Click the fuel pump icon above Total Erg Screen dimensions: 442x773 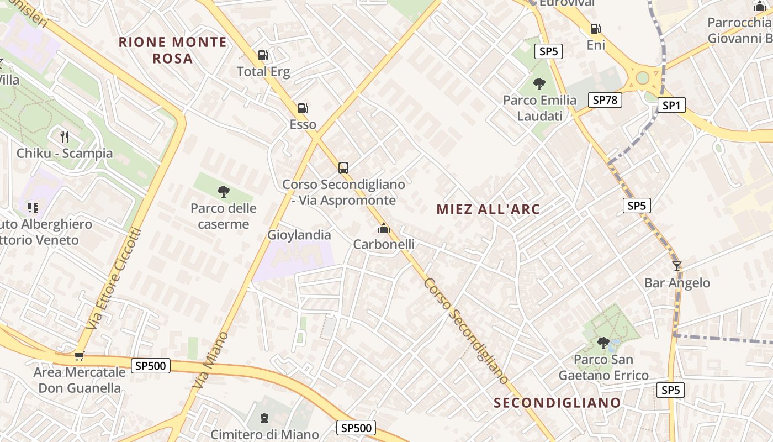(263, 55)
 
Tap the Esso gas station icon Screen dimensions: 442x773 (303, 108)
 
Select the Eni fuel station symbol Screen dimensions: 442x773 (595, 29)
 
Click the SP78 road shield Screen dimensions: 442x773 (605, 100)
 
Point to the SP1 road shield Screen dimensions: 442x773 (671, 105)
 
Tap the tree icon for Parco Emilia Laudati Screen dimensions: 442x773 (539, 84)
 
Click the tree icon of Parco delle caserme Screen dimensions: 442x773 (224, 192)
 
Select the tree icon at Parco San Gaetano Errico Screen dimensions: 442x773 (603, 343)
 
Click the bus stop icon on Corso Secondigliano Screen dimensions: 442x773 (343, 167)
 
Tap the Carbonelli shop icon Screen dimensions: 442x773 (384, 228)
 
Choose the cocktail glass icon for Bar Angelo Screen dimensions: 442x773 (677, 266)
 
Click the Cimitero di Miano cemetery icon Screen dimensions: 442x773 (264, 418)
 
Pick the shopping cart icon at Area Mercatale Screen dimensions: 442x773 (79, 356)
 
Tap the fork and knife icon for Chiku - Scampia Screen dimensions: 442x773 (65, 136)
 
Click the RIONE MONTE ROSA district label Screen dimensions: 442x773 (173, 50)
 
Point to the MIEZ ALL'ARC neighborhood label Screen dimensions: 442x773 (488, 209)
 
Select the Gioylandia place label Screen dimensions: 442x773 (299, 235)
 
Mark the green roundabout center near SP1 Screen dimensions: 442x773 (642, 77)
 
